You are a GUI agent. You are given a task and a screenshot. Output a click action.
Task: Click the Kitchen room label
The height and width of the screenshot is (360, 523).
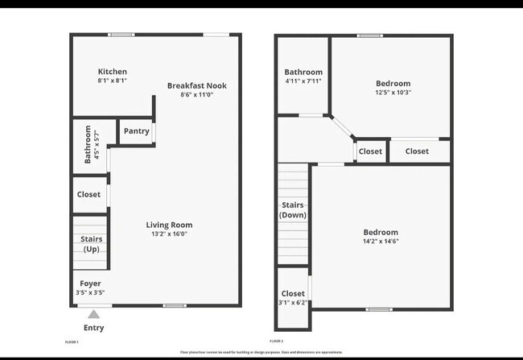click(x=112, y=72)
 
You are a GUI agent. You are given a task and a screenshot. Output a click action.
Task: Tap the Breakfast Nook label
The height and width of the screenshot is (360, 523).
click(x=197, y=85)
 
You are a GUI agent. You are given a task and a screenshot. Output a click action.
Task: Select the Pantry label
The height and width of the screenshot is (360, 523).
click(x=136, y=131)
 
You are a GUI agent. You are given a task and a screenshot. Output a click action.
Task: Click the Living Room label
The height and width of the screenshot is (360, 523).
click(x=169, y=225)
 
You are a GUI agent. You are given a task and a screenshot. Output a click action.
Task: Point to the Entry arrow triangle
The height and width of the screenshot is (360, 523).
click(x=94, y=315)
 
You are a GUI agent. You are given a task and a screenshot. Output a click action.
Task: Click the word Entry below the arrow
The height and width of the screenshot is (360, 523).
click(x=94, y=328)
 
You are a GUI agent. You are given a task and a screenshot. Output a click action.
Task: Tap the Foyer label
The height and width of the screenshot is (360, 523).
click(x=90, y=283)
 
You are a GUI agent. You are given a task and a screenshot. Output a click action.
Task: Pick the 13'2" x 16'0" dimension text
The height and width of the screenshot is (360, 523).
click(x=169, y=234)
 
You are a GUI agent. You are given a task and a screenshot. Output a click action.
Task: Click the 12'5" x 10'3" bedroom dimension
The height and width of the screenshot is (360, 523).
click(x=393, y=93)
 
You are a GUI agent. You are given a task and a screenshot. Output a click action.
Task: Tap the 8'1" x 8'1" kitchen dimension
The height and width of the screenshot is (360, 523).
click(x=112, y=81)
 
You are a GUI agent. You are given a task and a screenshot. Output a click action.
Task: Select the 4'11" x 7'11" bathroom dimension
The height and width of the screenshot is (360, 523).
click(x=303, y=81)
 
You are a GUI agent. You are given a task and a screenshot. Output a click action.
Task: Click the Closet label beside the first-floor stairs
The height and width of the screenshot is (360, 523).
click(x=89, y=195)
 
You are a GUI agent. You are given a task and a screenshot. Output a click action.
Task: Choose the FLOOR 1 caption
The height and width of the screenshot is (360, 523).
click(x=72, y=342)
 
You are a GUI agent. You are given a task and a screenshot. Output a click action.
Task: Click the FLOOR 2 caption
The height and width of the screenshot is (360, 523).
click(x=277, y=342)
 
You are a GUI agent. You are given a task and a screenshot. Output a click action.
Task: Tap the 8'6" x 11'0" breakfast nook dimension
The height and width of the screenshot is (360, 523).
click(x=197, y=95)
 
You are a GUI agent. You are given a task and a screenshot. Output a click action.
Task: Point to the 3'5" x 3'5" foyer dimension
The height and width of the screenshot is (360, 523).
click(x=90, y=292)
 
